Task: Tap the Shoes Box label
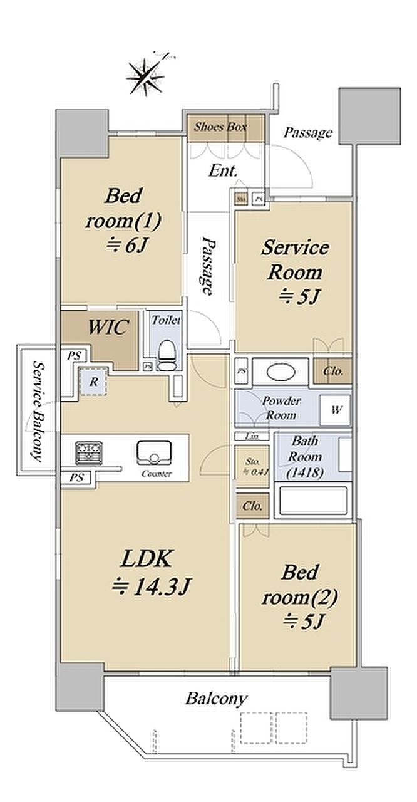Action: [x=220, y=127]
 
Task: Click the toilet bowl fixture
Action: [x=167, y=355]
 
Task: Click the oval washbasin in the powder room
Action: [x=279, y=372]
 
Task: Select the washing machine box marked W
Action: [x=335, y=411]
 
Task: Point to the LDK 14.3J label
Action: [x=149, y=571]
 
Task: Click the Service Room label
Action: [x=294, y=271]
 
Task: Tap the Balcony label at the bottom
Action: [x=216, y=698]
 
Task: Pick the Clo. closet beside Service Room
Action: [x=332, y=371]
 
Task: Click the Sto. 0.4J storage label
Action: [x=252, y=467]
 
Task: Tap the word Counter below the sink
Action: [x=157, y=474]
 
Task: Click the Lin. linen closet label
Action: [x=252, y=436]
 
